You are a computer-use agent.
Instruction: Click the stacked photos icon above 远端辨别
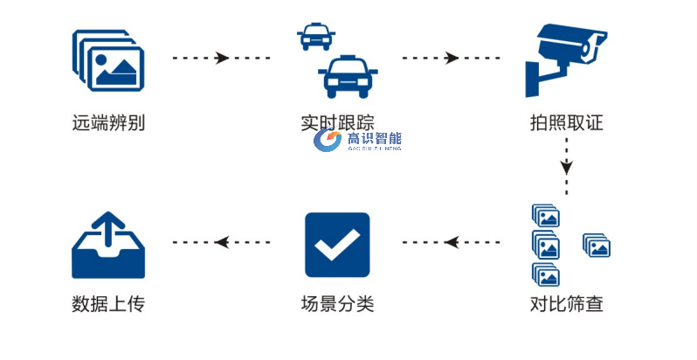108,59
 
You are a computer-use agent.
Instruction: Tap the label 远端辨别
108,122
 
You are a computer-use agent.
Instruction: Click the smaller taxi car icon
314,37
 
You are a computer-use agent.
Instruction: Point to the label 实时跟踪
337,122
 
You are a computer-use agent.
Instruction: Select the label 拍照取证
566,122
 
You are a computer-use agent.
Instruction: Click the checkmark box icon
337,245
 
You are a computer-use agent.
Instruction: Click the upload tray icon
108,245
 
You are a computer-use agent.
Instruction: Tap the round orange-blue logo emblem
328,142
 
